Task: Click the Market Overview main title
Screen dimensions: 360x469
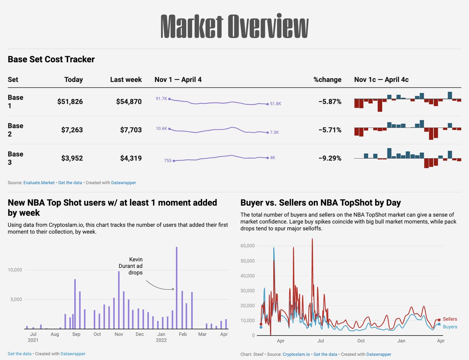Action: pos(234,26)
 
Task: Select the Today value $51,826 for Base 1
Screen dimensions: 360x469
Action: pos(70,102)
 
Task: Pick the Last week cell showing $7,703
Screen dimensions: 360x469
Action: pos(131,130)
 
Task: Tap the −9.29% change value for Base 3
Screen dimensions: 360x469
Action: pos(329,158)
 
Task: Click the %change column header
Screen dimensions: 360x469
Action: pos(327,80)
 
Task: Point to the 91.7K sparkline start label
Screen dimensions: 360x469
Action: pos(161,99)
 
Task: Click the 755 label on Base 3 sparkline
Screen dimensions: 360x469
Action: pos(168,160)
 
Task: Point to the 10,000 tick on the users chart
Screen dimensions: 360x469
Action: pos(16,270)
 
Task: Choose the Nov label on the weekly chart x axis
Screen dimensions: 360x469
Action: pos(119,334)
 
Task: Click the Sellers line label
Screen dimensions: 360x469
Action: pos(450,319)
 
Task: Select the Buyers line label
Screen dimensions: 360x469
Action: pos(450,327)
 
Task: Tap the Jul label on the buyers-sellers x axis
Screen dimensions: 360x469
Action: pos(320,341)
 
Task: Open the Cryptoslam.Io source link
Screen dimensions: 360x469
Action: pos(296,354)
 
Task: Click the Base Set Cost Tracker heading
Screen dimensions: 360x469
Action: pos(51,59)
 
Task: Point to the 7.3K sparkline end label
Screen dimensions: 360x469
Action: pos(274,132)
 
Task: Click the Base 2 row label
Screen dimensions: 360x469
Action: pos(16,130)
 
